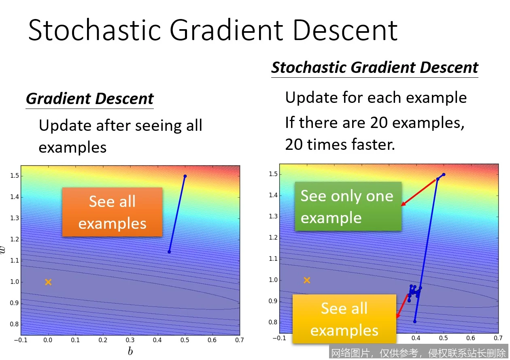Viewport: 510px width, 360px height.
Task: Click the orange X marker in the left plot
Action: [48, 282]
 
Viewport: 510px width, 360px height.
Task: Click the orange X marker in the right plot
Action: [307, 280]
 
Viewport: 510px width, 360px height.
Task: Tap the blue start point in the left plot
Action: [185, 176]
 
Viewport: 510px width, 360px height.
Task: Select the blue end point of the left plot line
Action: [169, 252]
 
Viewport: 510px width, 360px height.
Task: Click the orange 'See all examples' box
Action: [112, 212]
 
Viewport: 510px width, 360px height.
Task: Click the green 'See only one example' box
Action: [348, 206]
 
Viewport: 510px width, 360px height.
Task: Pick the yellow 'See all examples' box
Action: [344, 319]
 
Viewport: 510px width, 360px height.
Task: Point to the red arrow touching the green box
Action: [418, 192]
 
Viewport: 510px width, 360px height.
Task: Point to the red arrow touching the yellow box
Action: [402, 306]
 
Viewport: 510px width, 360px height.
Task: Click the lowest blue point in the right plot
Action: [415, 322]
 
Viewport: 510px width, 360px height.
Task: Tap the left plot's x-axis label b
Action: [130, 351]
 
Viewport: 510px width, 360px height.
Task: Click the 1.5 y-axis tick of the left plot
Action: [15, 176]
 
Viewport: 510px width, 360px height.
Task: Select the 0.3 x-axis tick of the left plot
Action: [130, 340]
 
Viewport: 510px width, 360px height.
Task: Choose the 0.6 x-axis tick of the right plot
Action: [471, 338]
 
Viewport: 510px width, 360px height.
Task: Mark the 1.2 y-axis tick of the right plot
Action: [273, 238]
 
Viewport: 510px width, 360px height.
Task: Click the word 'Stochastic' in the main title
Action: [95, 30]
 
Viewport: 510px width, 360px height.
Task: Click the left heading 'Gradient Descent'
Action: [90, 99]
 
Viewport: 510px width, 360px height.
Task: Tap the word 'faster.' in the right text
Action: [373, 145]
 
